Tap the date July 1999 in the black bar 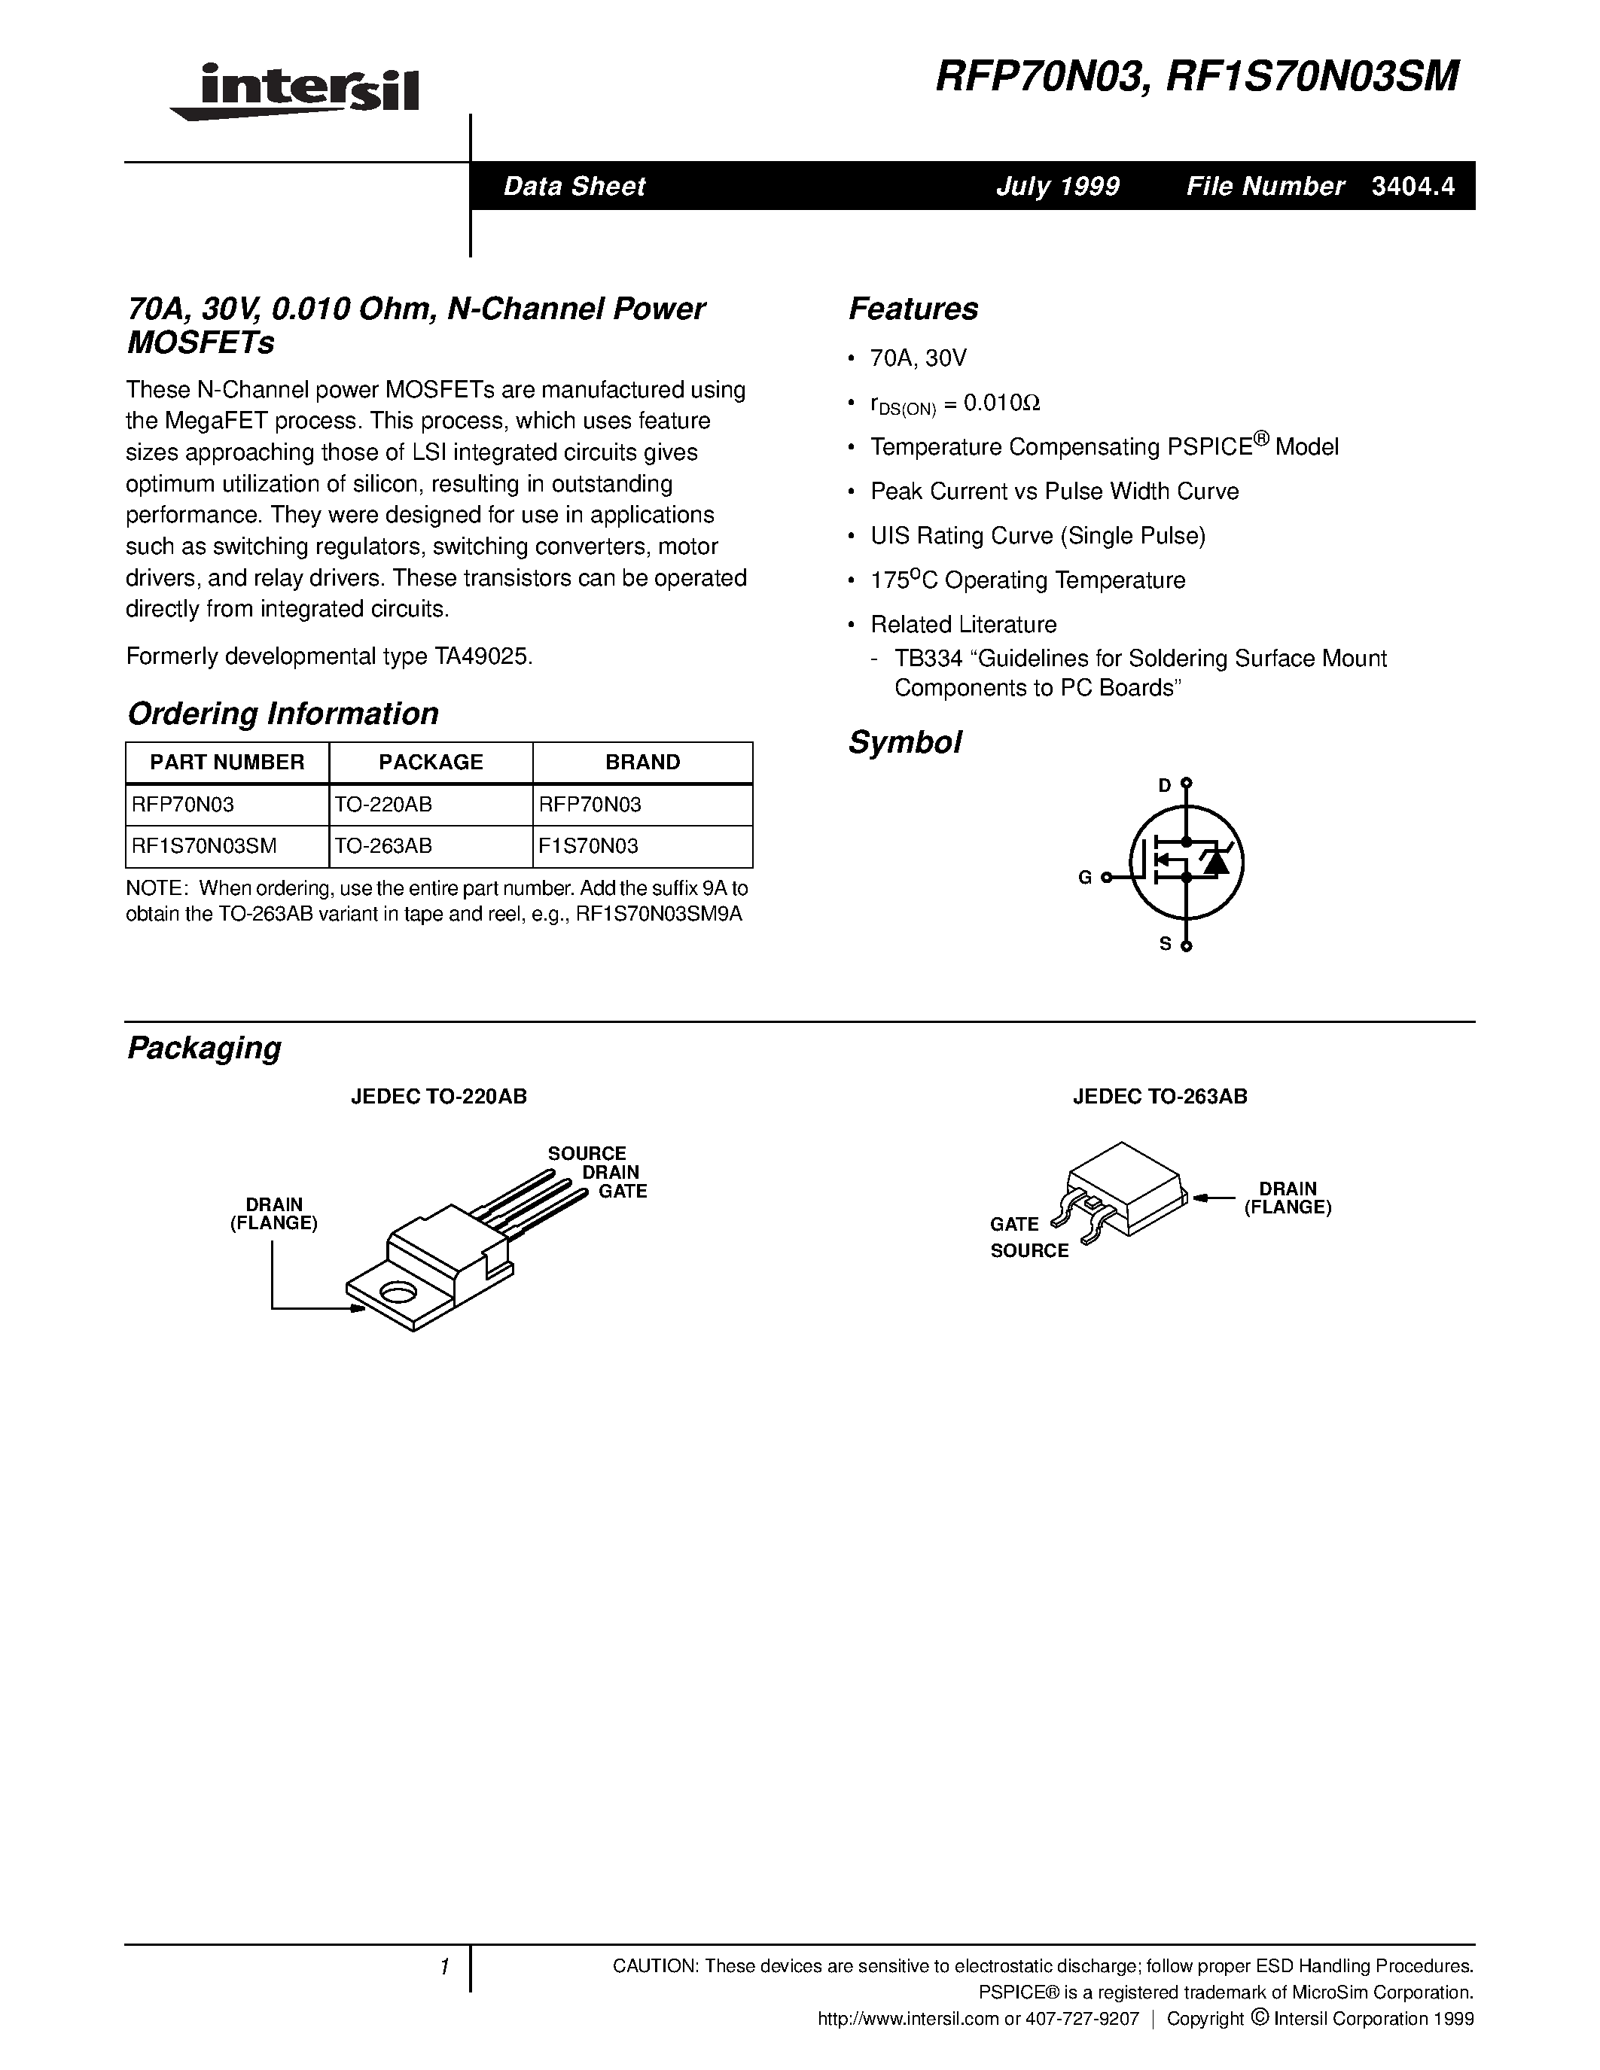coord(1057,186)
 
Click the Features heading coord(913,309)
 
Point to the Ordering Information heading coord(282,714)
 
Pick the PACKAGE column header coord(431,762)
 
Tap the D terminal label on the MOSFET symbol coord(1165,785)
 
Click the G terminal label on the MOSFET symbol coord(1085,878)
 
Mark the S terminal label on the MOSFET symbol coord(1166,944)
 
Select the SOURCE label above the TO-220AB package coord(587,1153)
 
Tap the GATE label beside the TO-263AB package coord(1014,1224)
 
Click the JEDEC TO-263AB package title coord(1160,1097)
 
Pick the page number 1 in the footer coord(443,1967)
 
